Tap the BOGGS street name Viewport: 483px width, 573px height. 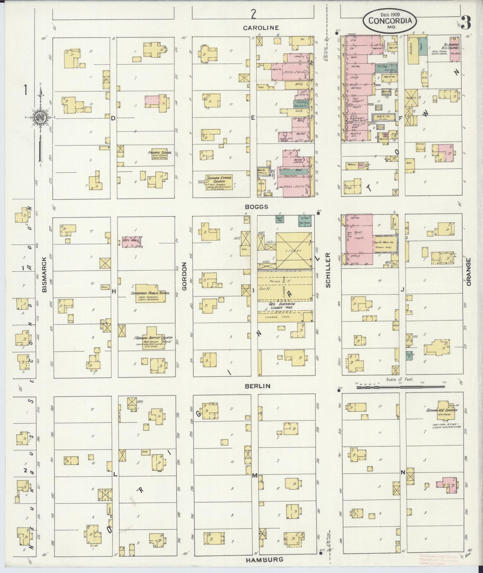[x=256, y=207]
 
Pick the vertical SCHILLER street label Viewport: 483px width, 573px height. [x=328, y=270]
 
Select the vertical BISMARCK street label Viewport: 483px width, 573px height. [x=44, y=275]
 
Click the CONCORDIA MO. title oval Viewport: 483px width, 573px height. [x=389, y=20]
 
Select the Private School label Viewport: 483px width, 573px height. [x=160, y=153]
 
